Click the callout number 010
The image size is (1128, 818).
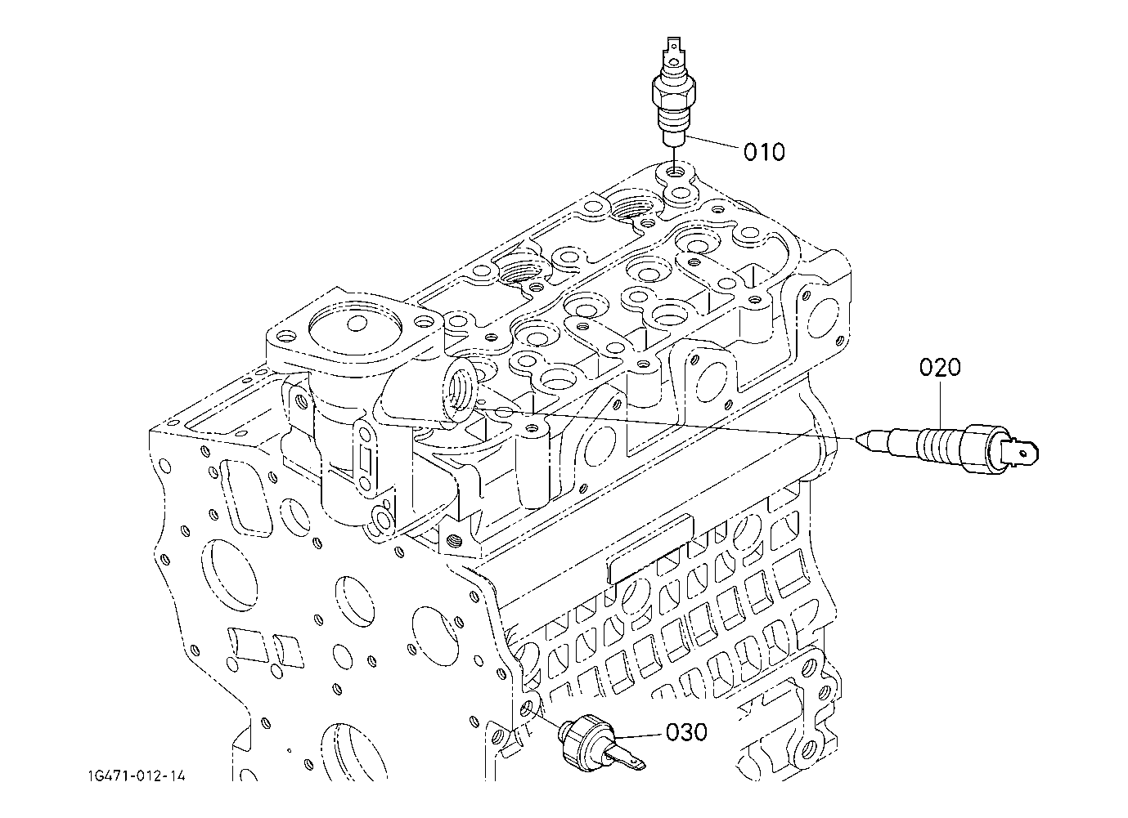(765, 152)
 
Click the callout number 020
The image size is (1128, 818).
(940, 367)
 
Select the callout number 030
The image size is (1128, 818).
(686, 732)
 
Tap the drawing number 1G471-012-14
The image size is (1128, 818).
(137, 776)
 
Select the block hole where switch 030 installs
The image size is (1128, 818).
(527, 710)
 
